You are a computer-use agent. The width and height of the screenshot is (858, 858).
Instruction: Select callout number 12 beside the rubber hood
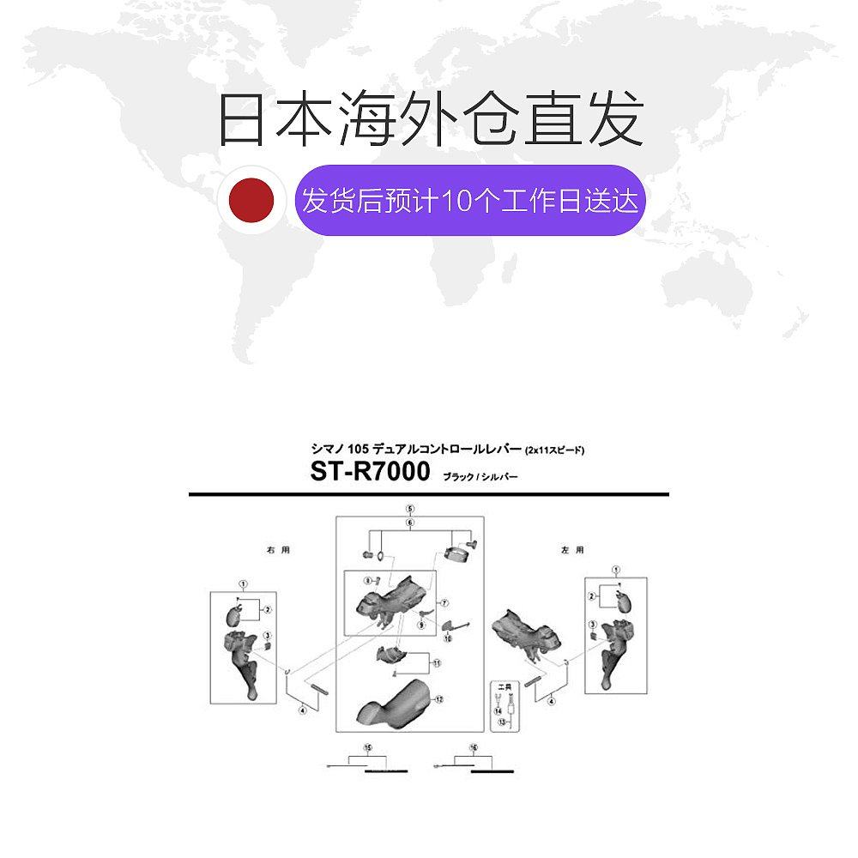click(x=438, y=700)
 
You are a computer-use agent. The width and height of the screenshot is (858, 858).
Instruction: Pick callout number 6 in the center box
click(x=410, y=522)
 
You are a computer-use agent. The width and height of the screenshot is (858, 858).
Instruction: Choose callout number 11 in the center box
click(x=436, y=663)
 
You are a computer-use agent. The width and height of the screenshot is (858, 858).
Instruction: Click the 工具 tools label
click(x=498, y=686)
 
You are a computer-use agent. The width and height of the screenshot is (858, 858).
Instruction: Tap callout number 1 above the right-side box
click(x=243, y=583)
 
